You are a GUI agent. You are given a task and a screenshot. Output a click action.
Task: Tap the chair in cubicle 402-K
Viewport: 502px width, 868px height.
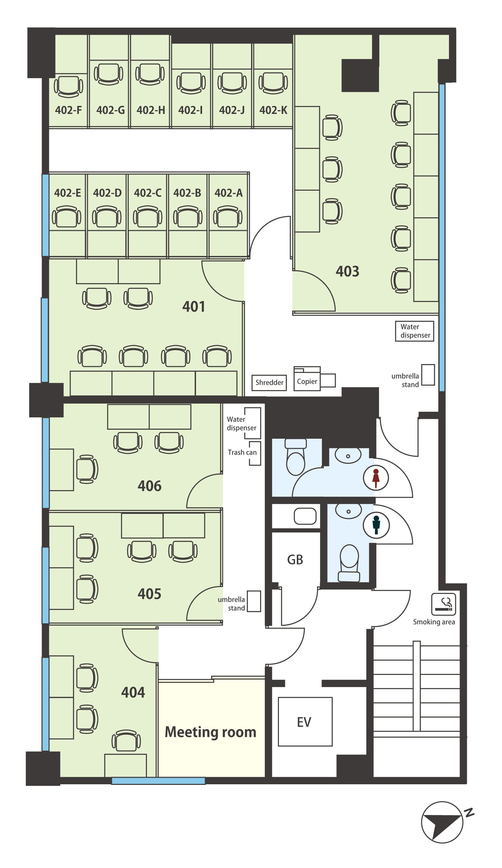click(x=273, y=83)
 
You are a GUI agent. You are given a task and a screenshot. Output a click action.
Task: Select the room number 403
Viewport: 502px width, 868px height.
click(x=347, y=272)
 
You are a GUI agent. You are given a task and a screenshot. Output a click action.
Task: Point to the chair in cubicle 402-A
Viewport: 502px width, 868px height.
click(x=227, y=216)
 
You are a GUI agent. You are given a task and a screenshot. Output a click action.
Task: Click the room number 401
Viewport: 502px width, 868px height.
click(x=194, y=307)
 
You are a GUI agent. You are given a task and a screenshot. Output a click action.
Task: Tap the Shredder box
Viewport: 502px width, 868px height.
click(x=269, y=382)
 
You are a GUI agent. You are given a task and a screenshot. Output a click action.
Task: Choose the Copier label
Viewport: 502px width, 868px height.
click(x=307, y=381)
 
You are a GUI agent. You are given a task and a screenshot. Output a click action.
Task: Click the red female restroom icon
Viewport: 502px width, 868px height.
click(x=376, y=478)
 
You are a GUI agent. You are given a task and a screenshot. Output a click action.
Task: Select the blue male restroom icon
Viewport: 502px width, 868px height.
click(x=376, y=525)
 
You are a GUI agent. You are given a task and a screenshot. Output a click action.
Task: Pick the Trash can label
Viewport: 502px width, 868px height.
click(x=242, y=452)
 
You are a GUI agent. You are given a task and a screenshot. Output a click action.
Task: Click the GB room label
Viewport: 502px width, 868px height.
click(x=295, y=560)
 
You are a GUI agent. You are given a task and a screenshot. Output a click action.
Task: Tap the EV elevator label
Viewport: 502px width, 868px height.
click(x=304, y=722)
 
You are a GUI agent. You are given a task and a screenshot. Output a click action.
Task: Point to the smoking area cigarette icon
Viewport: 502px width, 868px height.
click(x=443, y=604)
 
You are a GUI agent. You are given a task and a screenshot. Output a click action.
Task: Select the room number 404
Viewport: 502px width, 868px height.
click(x=133, y=692)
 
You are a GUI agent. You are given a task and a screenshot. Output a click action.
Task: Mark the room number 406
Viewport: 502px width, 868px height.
click(x=150, y=486)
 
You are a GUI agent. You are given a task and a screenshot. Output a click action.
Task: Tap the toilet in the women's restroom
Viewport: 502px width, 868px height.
click(x=296, y=457)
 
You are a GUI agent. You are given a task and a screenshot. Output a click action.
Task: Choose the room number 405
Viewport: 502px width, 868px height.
click(x=150, y=594)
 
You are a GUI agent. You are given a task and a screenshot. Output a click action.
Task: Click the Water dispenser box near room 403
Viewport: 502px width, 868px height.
click(x=414, y=331)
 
